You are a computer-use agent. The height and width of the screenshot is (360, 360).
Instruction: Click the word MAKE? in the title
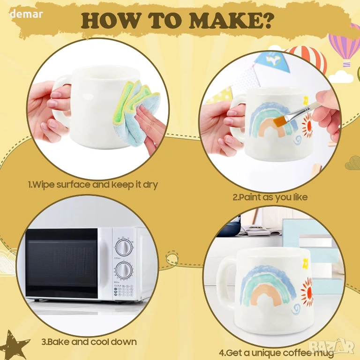pos(232,21)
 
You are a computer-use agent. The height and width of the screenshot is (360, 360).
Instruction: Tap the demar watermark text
pos(26,14)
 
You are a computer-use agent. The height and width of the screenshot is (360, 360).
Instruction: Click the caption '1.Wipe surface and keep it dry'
pos(93,185)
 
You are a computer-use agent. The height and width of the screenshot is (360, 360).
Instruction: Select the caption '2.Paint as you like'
pos(270,197)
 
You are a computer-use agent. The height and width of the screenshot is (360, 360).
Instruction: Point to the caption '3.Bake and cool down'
pos(89,342)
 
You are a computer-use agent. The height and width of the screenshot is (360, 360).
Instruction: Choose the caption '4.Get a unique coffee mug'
pos(277,352)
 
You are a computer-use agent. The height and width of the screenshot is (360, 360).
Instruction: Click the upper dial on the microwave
pos(124,247)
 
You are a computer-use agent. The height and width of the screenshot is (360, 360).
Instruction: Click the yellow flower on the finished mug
pos(306,264)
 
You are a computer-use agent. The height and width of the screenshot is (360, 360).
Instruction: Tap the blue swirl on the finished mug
pos(296,309)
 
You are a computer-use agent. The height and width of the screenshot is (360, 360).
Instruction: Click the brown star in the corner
pos(15,345)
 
